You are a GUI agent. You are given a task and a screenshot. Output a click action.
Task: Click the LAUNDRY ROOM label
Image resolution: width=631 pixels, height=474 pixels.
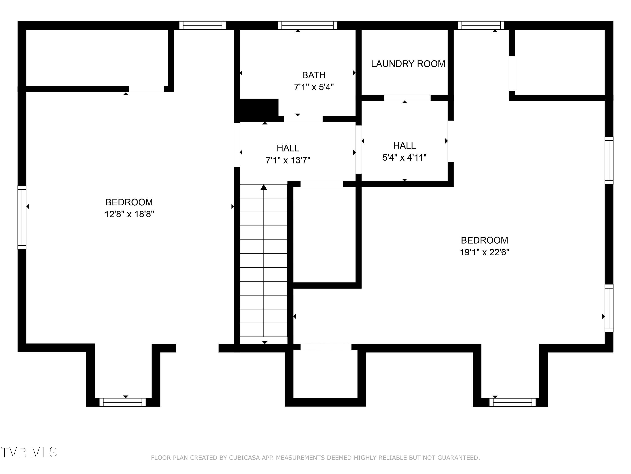point(408,64)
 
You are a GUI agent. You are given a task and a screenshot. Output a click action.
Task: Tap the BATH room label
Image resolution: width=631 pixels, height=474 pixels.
point(314,75)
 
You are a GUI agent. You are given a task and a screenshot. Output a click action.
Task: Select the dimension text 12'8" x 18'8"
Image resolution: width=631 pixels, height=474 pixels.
point(129,214)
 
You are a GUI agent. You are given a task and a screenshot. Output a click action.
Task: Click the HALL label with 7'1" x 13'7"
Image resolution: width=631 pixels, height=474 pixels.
point(288,148)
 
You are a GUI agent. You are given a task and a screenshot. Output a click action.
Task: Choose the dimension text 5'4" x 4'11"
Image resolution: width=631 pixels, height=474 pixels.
point(404,157)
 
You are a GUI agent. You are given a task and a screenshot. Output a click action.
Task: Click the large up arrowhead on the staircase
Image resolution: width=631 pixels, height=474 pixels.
point(264,187)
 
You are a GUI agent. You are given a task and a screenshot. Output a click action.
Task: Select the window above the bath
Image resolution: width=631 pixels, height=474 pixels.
point(307,25)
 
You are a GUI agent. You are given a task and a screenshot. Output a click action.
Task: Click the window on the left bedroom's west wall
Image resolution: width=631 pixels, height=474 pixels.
point(22,217)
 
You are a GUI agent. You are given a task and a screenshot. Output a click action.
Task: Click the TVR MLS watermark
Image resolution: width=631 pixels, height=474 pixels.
point(29,452)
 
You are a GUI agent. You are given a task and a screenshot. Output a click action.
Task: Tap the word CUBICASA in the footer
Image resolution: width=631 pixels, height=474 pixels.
point(244,458)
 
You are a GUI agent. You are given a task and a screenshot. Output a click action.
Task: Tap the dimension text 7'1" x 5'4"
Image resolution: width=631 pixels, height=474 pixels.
point(314,87)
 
